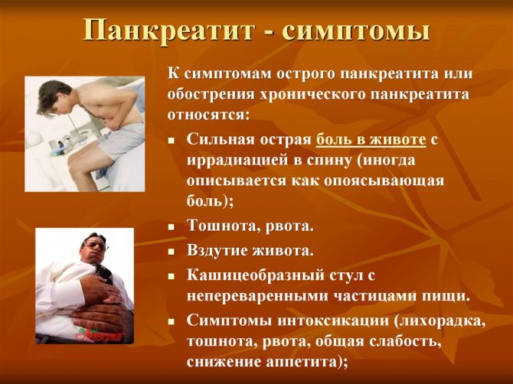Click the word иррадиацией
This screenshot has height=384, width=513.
coord(236,161)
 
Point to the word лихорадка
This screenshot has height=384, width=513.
coord(444,320)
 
